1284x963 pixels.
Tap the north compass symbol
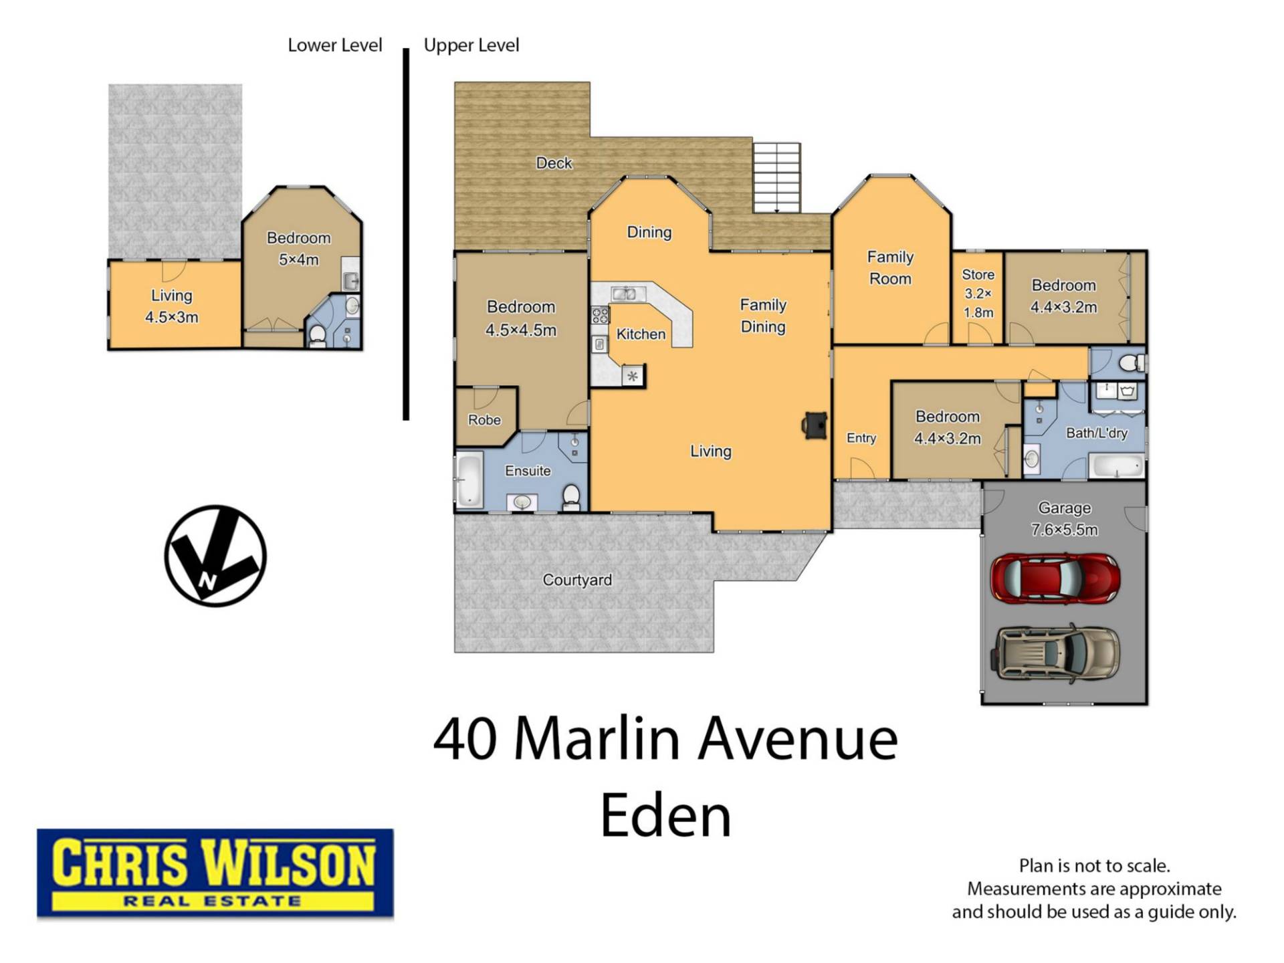coord(215,556)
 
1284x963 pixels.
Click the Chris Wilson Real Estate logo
coord(215,873)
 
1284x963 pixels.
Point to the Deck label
coord(554,163)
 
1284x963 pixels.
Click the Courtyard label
coord(577,580)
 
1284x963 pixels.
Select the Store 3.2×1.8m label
coord(978,294)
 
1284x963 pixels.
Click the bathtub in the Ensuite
coord(469,480)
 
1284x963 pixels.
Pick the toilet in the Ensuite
coord(571,497)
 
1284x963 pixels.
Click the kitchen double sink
coord(624,293)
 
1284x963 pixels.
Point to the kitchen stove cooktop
coord(600,315)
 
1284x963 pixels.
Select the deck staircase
coord(776,177)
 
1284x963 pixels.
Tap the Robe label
coord(484,420)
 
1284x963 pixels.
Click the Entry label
coord(861,438)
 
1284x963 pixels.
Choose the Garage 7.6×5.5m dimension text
coord(1064,530)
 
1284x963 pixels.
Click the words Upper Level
coord(471,45)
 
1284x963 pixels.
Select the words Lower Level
coord(335,45)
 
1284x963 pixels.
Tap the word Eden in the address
coord(666,816)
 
